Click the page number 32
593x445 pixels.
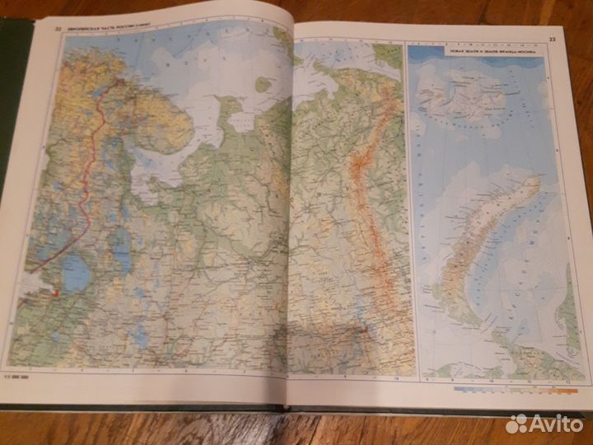tap(58, 31)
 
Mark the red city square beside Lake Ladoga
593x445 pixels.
tap(55, 291)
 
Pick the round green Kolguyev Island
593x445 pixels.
tap(264, 83)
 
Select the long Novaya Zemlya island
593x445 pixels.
tap(486, 231)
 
